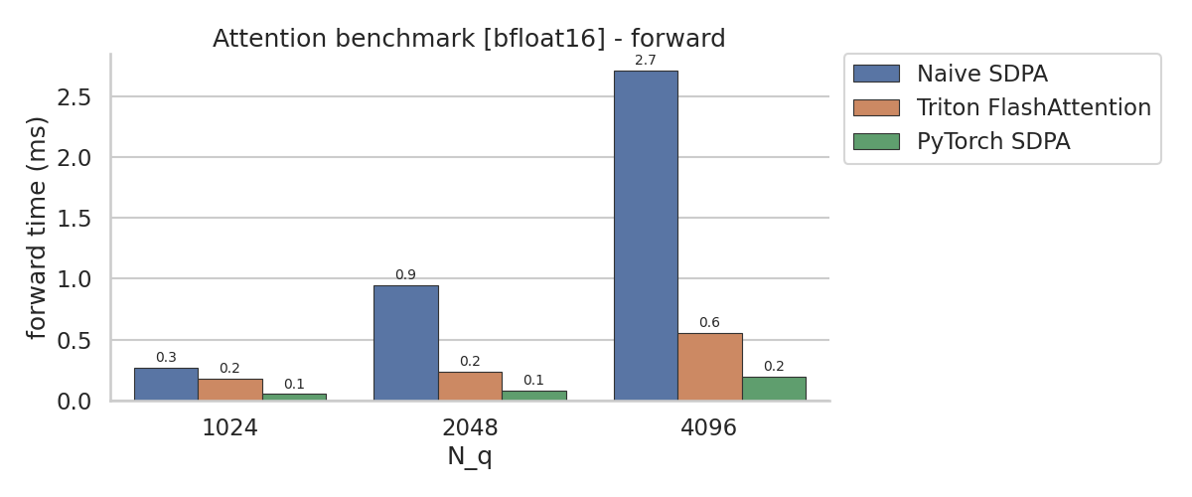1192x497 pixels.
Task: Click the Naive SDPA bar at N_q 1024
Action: click(x=166, y=384)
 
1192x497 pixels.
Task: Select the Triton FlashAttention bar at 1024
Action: click(x=230, y=390)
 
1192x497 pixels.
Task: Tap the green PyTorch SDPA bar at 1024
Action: click(x=294, y=397)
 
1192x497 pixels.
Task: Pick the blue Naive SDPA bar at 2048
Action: click(x=406, y=343)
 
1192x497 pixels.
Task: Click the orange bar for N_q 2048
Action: click(x=471, y=387)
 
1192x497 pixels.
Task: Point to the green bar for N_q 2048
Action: click(x=534, y=396)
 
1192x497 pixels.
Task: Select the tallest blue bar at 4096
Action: click(x=646, y=236)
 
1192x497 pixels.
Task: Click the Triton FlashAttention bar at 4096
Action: click(x=710, y=367)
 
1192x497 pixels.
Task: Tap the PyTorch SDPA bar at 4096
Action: click(x=774, y=389)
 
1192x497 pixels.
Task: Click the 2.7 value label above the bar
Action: click(x=646, y=61)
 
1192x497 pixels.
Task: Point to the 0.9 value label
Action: click(x=405, y=275)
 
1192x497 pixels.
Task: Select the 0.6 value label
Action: click(x=709, y=322)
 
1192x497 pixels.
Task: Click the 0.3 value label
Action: click(x=166, y=358)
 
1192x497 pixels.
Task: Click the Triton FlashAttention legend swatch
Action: click(x=876, y=107)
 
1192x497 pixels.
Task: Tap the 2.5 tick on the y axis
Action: click(x=74, y=97)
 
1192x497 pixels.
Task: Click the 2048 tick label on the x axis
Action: click(x=470, y=427)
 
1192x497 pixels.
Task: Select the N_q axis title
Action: click(x=470, y=457)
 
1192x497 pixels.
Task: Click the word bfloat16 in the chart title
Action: click(x=544, y=39)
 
